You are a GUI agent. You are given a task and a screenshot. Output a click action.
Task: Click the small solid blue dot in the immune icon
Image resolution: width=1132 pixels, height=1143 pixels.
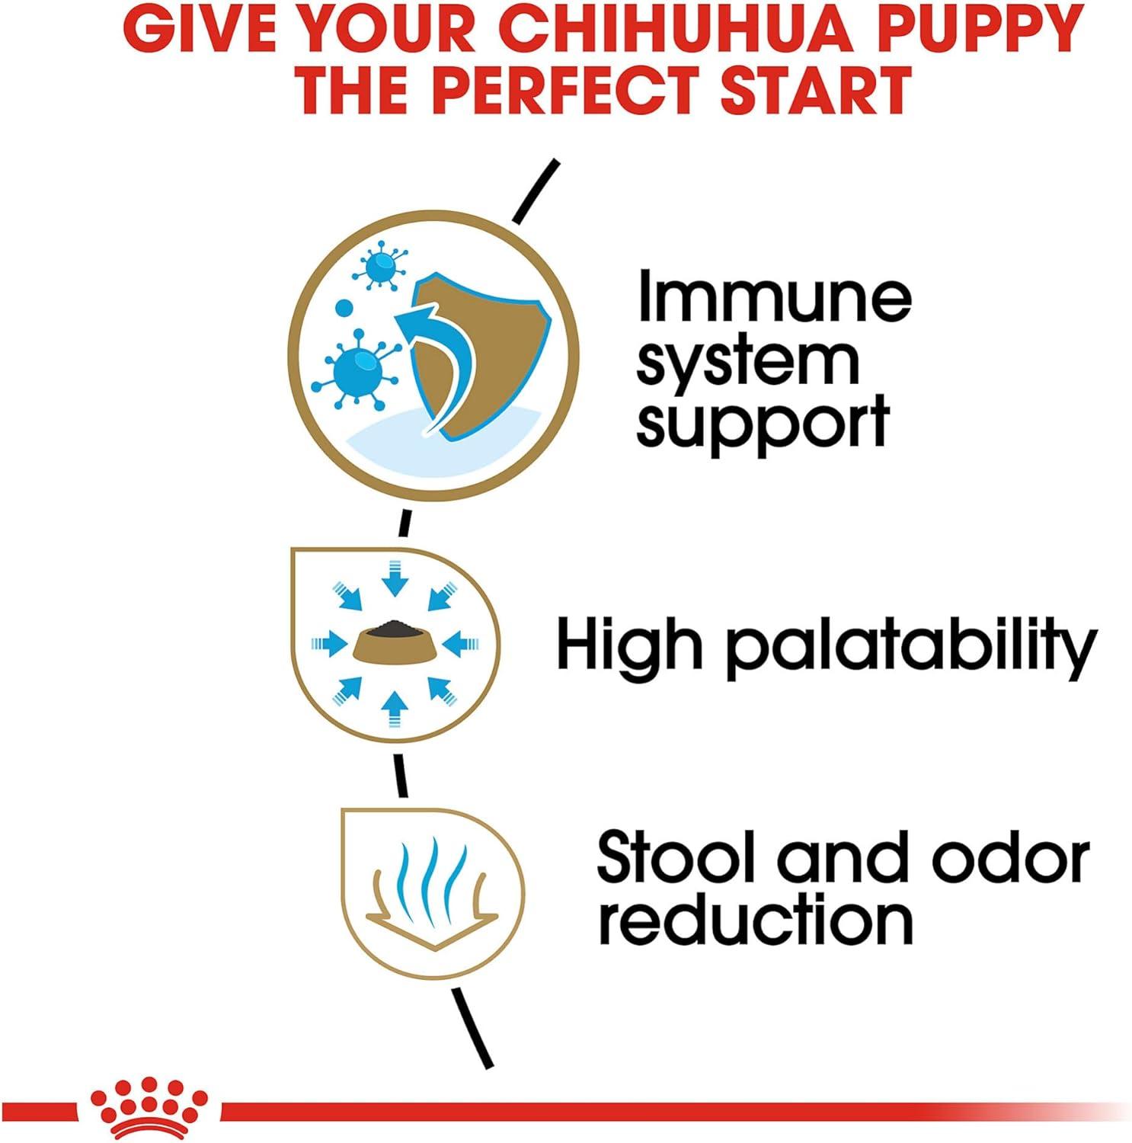coord(344,310)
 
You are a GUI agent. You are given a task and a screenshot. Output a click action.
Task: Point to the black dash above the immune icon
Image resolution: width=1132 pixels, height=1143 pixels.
coord(538,190)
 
